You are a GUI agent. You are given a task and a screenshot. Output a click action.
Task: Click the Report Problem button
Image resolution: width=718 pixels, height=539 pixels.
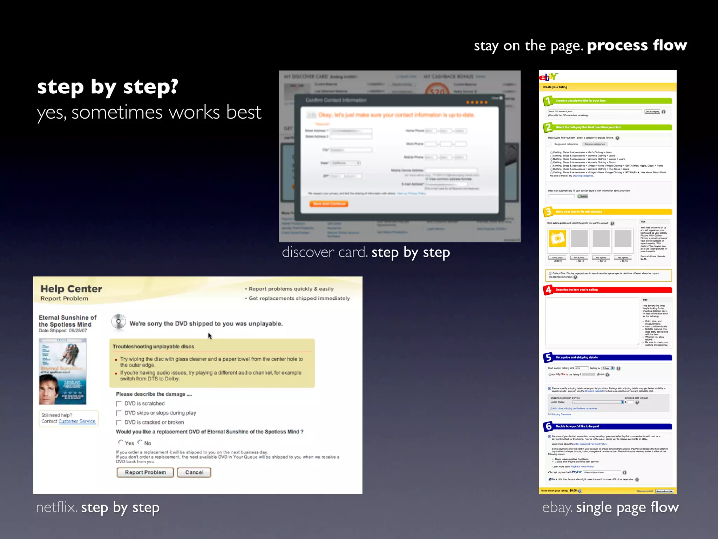coord(145,472)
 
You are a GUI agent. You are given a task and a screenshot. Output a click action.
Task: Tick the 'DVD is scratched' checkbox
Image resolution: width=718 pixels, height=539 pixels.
coord(119,404)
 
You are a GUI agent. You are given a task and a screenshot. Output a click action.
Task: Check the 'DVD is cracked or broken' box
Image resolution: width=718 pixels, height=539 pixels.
coord(119,422)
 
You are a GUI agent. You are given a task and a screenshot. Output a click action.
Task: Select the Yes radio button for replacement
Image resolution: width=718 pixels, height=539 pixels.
coord(121,442)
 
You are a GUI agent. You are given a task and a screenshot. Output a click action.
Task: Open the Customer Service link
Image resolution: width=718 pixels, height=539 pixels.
coord(77,421)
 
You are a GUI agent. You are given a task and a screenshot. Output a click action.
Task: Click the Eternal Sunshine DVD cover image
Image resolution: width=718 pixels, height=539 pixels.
coord(63,371)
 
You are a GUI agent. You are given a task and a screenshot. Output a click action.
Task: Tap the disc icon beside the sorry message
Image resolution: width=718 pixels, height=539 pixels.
coord(118,322)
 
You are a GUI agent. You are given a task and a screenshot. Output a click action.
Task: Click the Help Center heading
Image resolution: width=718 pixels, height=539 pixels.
coord(71,289)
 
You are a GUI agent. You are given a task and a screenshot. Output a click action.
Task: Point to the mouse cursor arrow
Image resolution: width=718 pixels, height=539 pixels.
coord(210,336)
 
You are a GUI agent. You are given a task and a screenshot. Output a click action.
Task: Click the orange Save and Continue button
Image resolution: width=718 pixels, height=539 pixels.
coord(329,204)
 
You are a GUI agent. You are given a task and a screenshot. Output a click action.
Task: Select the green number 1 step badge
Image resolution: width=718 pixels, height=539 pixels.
coord(548,101)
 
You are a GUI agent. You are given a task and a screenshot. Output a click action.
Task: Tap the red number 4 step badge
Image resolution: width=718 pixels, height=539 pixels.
coord(548,290)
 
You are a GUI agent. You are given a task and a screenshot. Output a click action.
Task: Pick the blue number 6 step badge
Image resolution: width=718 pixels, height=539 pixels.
coord(548,427)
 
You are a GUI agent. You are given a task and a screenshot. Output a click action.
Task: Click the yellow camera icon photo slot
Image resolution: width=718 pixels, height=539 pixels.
coord(557,239)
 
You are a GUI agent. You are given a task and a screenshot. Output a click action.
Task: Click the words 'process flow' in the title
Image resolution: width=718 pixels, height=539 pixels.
coord(637,46)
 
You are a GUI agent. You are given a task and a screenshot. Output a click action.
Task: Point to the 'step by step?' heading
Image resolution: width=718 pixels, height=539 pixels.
coord(108,87)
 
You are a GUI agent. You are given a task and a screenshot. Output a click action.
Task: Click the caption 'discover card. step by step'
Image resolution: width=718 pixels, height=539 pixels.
coord(366,252)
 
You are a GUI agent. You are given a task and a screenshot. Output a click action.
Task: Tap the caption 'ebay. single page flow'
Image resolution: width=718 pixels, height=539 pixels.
coord(610,507)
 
